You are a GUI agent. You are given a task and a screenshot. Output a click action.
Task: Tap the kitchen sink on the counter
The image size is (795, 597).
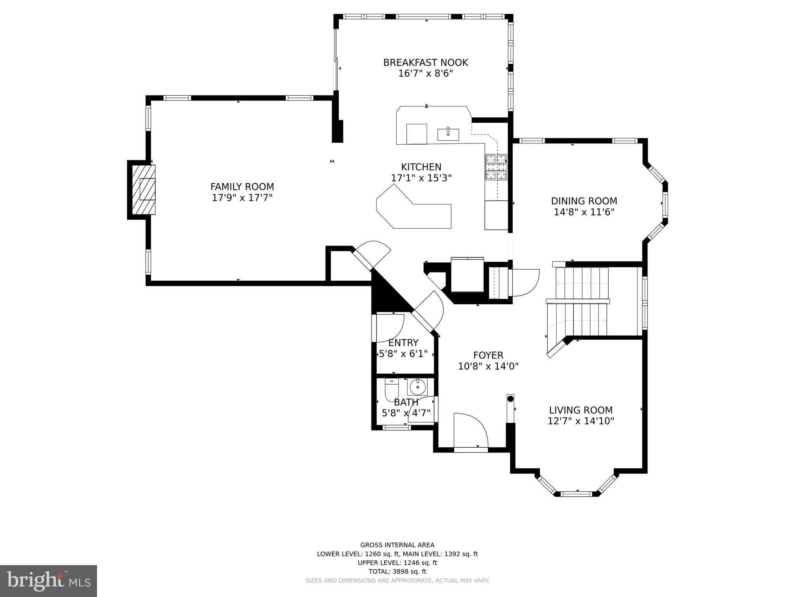point(448,134)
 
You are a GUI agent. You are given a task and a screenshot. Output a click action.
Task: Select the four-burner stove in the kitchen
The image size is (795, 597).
point(496,167)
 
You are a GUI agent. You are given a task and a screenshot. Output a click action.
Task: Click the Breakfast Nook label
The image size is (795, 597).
point(425,63)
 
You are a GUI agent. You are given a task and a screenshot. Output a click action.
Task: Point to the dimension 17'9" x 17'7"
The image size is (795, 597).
point(242,198)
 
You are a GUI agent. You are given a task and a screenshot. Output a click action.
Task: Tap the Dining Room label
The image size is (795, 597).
point(584,201)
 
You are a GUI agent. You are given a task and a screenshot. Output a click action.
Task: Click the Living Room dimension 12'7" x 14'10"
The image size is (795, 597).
point(581,421)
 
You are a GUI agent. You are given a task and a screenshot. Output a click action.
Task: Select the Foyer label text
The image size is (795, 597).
point(488,355)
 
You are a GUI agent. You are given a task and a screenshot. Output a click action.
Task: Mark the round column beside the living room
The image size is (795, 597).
point(510,399)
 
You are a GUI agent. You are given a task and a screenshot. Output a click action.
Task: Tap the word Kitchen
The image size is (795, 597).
point(421,167)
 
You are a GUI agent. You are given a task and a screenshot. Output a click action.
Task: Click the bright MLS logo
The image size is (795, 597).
point(48,581)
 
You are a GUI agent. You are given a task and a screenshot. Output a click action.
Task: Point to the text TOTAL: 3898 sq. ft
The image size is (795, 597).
point(397,571)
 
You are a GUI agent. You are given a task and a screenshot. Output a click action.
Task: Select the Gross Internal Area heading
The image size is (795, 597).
point(397,545)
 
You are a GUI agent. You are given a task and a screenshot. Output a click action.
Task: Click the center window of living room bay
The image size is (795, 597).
point(577,494)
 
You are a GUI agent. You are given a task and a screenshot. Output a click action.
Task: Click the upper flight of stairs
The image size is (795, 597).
point(582,283)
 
